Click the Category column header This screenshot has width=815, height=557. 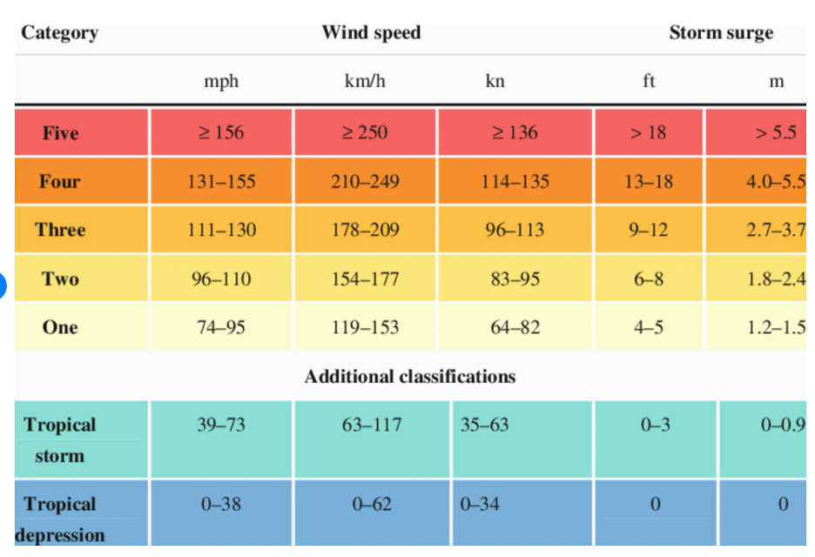(59, 33)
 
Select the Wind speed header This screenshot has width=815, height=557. (371, 33)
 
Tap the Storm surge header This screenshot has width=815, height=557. (720, 33)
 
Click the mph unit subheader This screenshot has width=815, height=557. (221, 82)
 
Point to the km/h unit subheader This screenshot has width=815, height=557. (365, 82)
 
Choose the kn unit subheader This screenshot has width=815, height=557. (495, 82)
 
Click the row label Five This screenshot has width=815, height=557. (60, 133)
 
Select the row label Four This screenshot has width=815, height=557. (59, 182)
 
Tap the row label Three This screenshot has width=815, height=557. (60, 231)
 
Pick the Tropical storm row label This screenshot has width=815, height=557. (60, 440)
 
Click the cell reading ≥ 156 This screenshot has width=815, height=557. (221, 133)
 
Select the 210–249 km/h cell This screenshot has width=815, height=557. (365, 182)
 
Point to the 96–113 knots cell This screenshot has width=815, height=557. (515, 231)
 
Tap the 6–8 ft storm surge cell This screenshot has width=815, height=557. (649, 279)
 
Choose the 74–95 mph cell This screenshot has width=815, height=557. (221, 328)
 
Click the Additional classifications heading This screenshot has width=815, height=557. (409, 377)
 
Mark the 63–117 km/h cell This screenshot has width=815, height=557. (372, 426)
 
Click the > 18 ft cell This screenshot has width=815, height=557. (649, 133)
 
